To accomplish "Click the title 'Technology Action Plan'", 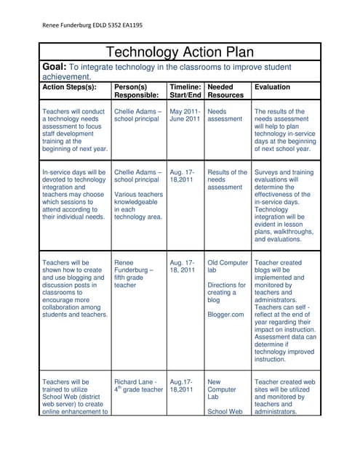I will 180,52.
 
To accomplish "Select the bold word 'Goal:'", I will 56,67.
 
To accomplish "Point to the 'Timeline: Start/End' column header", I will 185,90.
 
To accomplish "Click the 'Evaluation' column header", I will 271,86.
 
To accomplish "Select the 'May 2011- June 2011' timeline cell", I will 185,116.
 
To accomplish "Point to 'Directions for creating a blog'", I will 227,292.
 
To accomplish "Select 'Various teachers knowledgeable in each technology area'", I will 138,206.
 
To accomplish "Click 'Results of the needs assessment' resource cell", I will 227,179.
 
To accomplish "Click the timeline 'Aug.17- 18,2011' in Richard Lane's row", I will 182,385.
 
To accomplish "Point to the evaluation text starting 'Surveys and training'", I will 282,206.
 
